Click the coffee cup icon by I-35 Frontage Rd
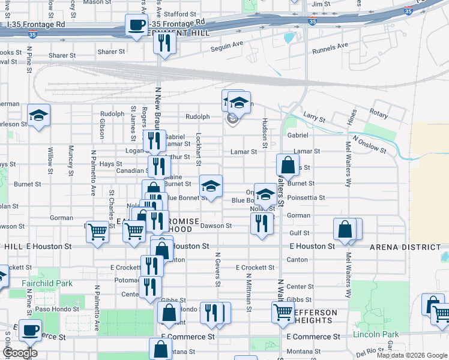(136, 26)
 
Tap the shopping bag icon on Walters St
(288, 164)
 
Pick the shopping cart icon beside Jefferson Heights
(283, 311)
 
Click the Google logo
(20, 353)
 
